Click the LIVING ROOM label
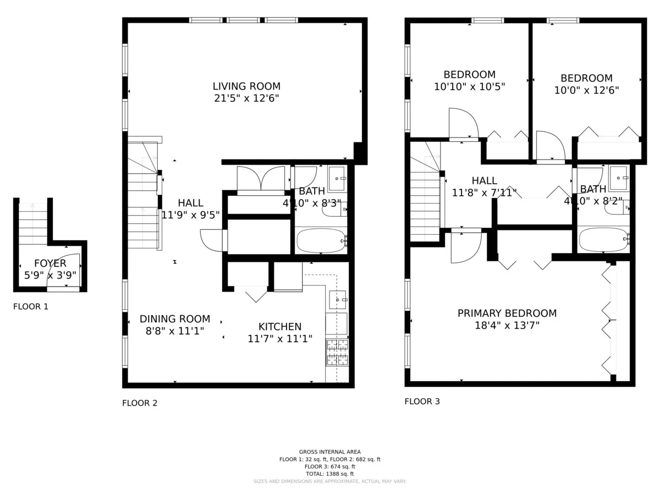point(246,86)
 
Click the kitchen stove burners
point(337,352)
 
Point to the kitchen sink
point(338,300)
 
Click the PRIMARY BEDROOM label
point(507,313)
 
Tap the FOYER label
point(50,263)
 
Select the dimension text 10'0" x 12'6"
point(586,90)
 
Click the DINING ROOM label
point(174,319)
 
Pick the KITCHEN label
point(280,327)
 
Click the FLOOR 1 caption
point(31,307)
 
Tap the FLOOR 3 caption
point(422,402)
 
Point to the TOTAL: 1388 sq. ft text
point(330,474)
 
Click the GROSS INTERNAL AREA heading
point(330,452)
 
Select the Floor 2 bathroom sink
point(337,178)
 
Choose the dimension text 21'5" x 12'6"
point(246,98)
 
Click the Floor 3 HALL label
point(484,180)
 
